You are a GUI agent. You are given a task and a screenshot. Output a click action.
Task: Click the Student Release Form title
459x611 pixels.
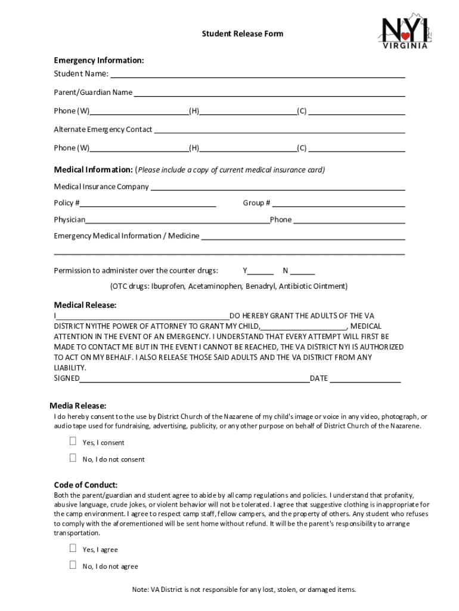(242, 34)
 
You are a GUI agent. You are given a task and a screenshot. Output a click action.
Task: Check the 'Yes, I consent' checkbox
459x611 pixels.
(73, 442)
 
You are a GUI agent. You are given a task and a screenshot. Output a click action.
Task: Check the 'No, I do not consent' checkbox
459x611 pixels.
(73, 458)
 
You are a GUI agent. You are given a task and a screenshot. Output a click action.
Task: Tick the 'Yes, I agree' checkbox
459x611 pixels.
(73, 548)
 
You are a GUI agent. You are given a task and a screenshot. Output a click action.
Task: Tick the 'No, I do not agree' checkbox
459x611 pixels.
(73, 565)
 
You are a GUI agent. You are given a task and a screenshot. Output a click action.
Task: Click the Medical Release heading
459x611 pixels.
(85, 305)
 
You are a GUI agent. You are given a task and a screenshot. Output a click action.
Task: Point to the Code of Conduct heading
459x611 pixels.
(86, 485)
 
